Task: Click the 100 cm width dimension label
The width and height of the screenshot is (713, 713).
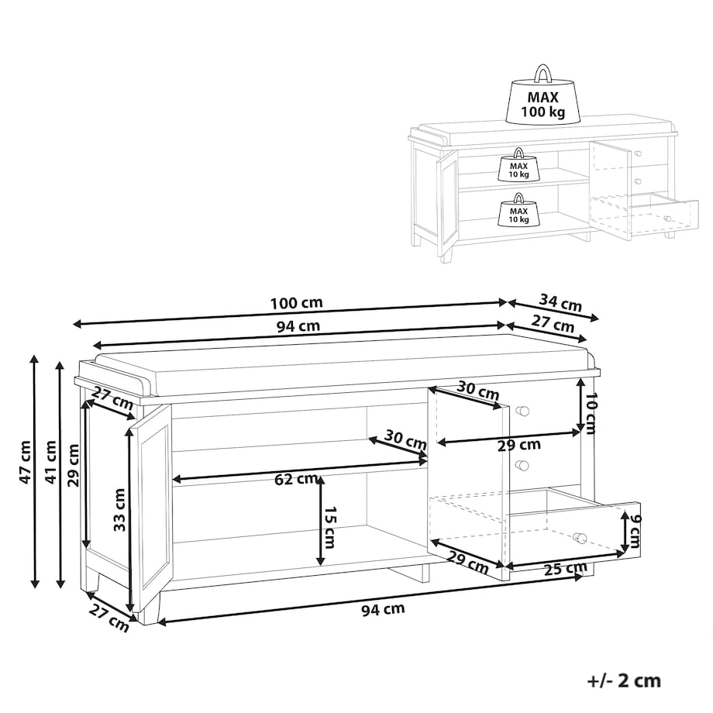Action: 297,303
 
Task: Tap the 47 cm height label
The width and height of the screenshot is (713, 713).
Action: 25,462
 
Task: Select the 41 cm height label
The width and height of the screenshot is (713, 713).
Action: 50,462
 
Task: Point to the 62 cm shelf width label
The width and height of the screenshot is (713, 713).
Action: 297,479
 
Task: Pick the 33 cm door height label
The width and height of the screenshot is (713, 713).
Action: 119,510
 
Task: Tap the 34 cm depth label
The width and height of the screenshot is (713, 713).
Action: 560,302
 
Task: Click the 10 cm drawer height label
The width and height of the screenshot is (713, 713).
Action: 590,414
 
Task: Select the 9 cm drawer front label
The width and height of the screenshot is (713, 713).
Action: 634,530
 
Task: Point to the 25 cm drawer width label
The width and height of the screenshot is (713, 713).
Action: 566,568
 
